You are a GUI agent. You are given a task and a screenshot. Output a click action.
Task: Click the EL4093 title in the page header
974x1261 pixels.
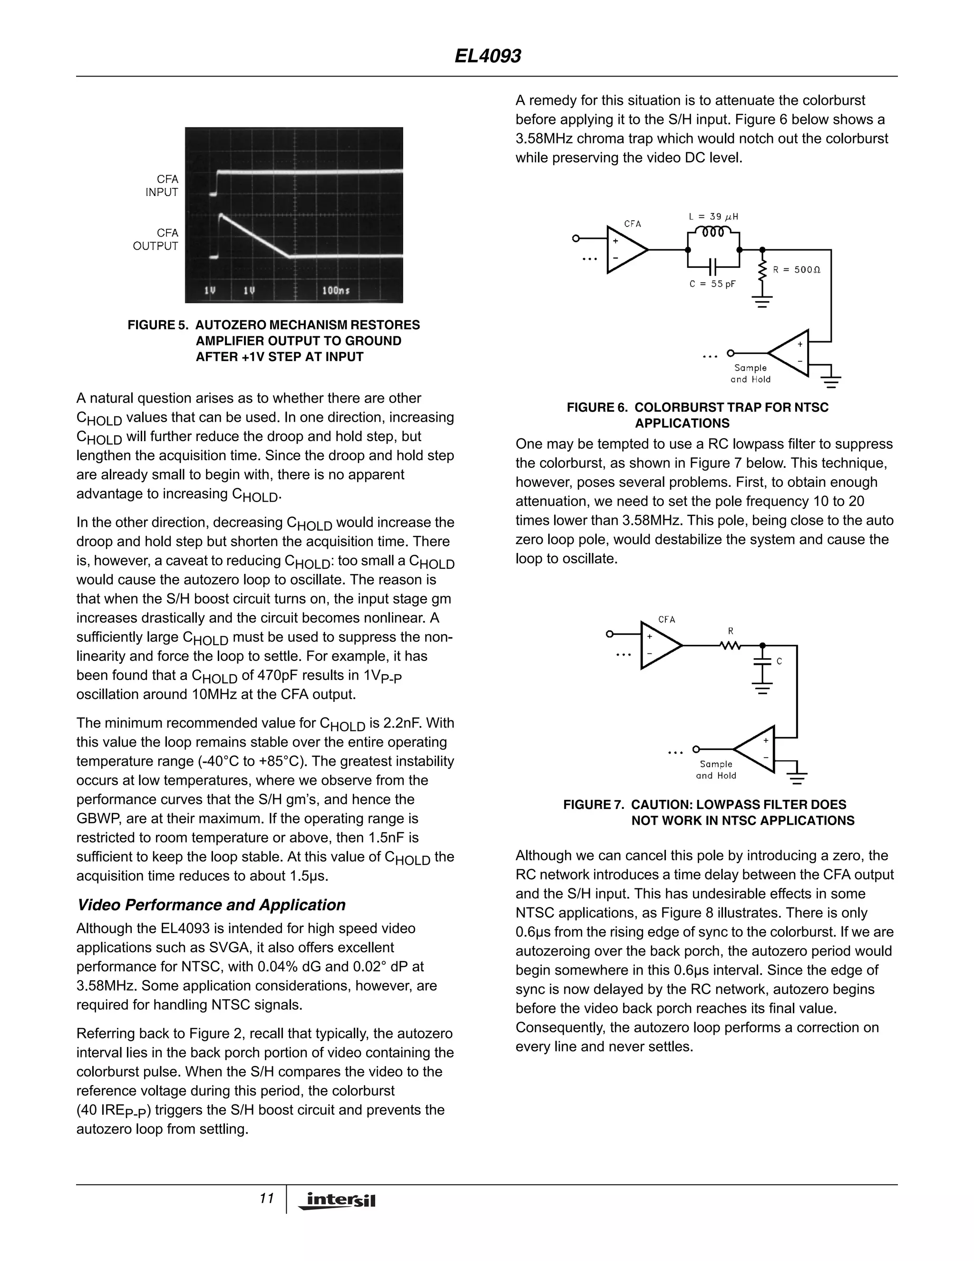[487, 56]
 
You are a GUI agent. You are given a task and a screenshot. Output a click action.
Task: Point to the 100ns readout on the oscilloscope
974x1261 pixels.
[335, 290]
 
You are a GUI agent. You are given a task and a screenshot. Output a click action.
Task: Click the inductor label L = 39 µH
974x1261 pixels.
[713, 217]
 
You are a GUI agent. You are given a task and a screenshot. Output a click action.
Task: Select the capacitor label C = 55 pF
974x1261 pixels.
[712, 284]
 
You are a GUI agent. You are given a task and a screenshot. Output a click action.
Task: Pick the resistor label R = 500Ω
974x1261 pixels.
[797, 270]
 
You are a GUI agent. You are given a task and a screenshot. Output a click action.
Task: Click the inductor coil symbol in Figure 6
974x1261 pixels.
[713, 232]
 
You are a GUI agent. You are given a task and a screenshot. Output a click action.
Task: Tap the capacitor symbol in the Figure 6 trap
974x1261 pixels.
[713, 267]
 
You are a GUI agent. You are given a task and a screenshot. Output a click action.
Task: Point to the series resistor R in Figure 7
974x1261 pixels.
[730, 646]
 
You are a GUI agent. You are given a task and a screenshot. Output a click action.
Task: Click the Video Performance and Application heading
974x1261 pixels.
[211, 905]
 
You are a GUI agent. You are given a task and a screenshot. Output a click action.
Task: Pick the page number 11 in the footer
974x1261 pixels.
[266, 1199]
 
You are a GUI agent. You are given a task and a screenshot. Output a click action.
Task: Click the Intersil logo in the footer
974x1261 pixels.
[338, 1201]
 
